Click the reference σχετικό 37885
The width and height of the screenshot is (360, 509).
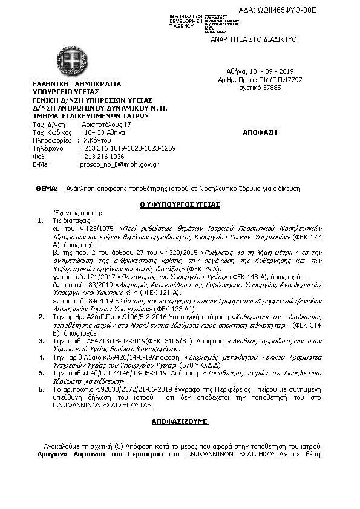coord(260,87)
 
